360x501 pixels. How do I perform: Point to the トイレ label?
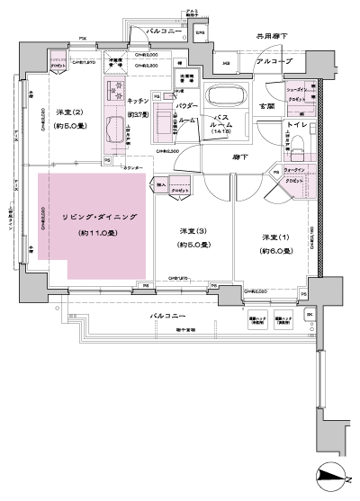pos(298,125)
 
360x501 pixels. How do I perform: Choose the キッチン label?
pos(139,103)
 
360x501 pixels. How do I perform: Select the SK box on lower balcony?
pos(308,312)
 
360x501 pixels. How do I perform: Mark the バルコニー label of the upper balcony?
pos(164,31)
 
